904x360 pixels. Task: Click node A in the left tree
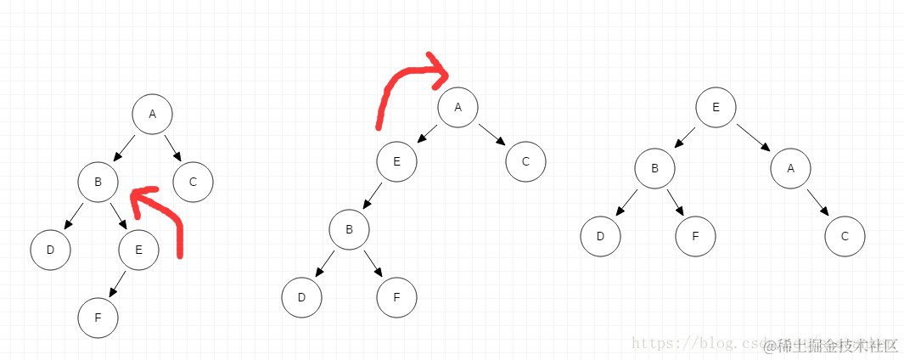coord(153,115)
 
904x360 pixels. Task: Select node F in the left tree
coord(98,318)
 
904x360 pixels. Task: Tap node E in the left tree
coord(138,250)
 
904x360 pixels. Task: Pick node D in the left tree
coord(50,250)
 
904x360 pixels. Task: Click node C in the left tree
coord(193,182)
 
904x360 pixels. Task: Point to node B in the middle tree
coord(349,229)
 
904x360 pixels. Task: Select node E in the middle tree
coord(396,161)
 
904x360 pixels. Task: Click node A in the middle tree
coord(458,108)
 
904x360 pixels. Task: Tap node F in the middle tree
coord(397,297)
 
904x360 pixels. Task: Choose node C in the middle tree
coord(525,161)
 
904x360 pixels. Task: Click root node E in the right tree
coord(716,108)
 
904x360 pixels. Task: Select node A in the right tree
coord(790,168)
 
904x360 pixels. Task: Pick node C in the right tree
coord(845,237)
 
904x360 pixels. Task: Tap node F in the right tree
coord(695,237)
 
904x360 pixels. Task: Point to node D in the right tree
coord(600,237)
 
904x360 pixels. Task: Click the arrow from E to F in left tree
coord(117,284)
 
